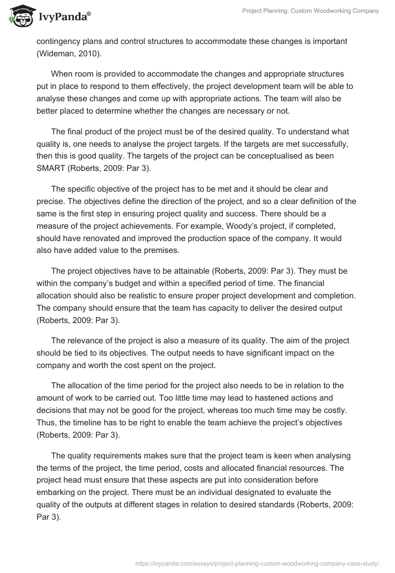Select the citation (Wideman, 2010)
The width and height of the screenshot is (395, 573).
coord(67,53)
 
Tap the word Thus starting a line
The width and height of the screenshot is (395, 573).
coord(45,423)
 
